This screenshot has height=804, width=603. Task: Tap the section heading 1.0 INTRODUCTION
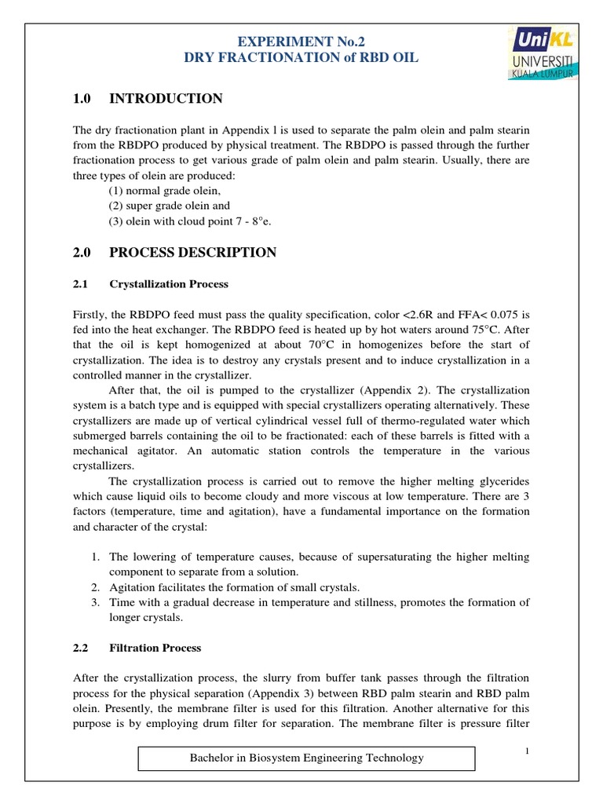(x=148, y=98)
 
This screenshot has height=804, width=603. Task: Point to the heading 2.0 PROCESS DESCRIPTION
(x=174, y=252)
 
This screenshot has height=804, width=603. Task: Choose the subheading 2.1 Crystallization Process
(x=169, y=283)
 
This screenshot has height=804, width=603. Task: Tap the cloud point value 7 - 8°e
(x=253, y=221)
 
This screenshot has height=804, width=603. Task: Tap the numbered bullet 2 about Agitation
(x=94, y=587)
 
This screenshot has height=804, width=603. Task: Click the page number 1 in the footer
(x=528, y=751)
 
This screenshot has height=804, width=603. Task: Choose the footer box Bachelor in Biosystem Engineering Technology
(x=307, y=758)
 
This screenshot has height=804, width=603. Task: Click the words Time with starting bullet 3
(x=122, y=602)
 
